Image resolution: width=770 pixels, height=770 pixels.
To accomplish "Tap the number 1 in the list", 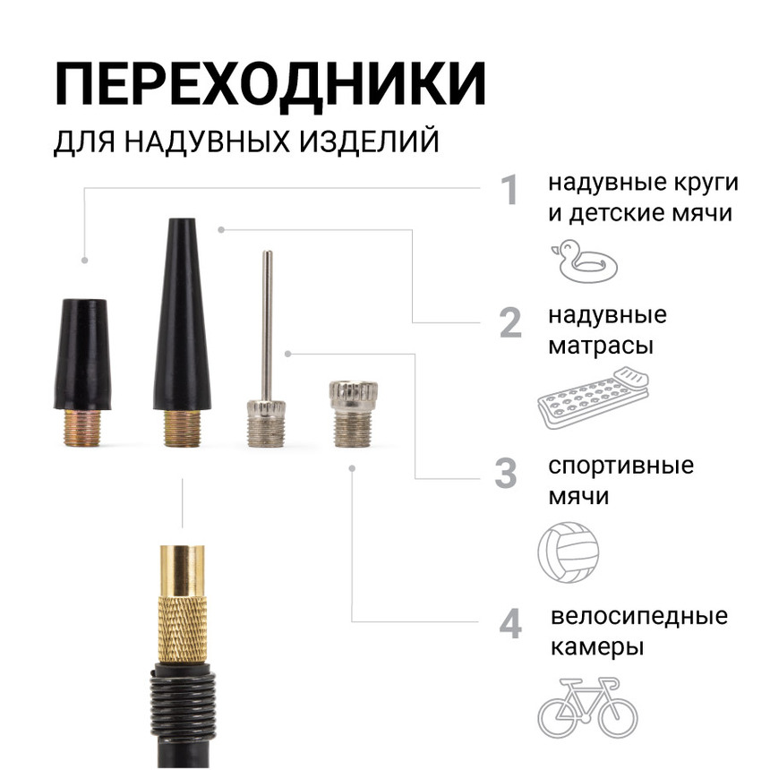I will coord(509,190).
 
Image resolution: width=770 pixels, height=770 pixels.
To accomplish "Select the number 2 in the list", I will coord(509,323).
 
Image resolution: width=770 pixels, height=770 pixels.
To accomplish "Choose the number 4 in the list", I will coord(509,624).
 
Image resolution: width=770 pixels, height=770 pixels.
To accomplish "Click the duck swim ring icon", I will coord(585,261).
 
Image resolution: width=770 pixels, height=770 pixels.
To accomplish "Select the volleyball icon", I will coord(569,549).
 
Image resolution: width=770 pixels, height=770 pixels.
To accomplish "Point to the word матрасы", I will coord(600,345).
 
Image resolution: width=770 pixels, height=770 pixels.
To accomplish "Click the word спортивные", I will coord(621,466).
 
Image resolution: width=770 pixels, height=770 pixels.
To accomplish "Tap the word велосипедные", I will coord(638,617).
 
